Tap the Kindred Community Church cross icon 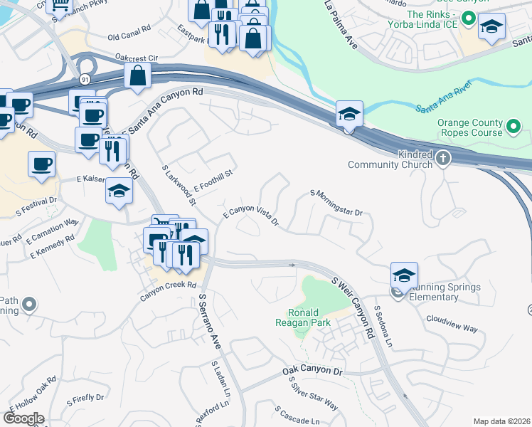pyautogui.click(x=443, y=157)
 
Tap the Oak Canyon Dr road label pyautogui.click(x=312, y=371)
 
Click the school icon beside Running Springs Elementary pyautogui.click(x=404, y=275)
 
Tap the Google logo pyautogui.click(x=23, y=418)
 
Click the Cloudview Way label pyautogui.click(x=452, y=324)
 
